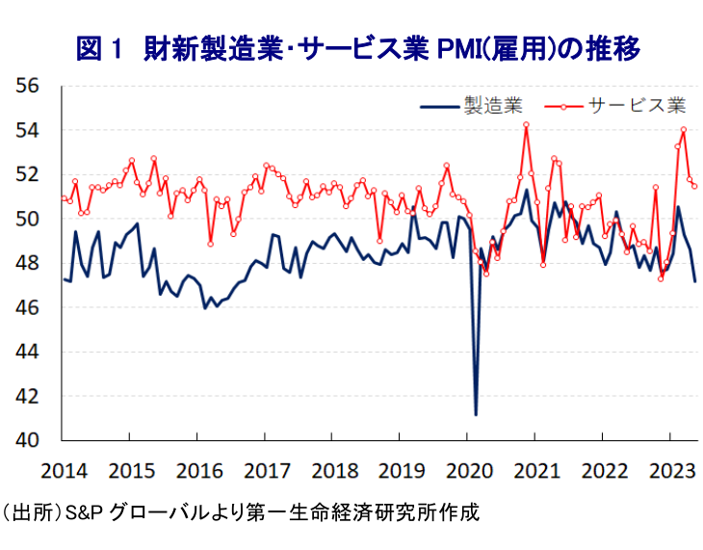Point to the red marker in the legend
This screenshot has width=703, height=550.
[564, 104]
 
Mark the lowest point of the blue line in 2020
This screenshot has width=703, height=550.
[476, 415]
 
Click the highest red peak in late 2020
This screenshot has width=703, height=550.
[526, 123]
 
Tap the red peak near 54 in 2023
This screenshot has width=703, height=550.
[684, 129]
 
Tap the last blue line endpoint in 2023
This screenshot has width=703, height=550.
[695, 281]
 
